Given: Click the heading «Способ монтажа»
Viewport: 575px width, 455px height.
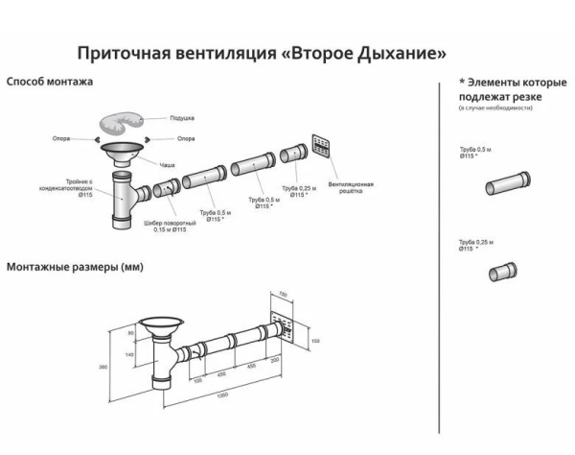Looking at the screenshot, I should point(50,83).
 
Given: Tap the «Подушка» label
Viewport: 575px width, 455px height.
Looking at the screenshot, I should point(182,117).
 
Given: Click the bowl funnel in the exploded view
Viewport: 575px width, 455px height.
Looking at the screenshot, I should point(124,153).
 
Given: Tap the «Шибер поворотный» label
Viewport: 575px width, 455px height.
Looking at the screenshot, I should point(164,225).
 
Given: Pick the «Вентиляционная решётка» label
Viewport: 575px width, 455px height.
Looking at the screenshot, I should point(344,186).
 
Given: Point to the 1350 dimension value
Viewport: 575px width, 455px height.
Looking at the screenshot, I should point(222,395).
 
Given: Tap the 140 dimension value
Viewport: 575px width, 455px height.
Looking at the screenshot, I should point(127,355).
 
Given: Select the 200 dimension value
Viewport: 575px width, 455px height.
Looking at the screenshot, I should point(275,360).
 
